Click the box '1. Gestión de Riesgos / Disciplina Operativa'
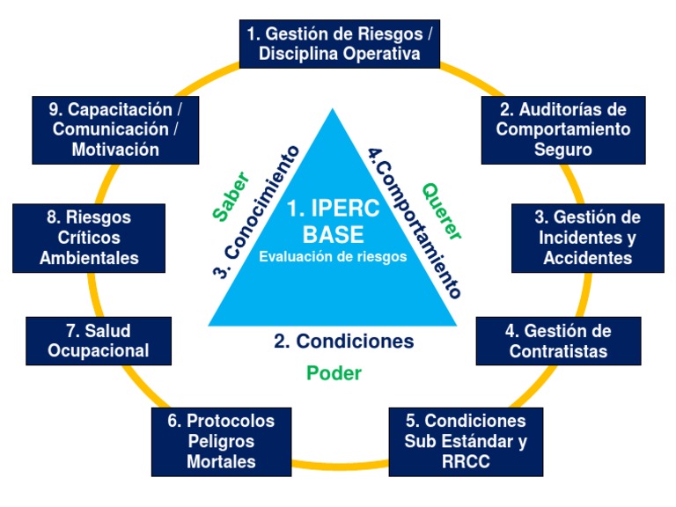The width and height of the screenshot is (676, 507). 340,44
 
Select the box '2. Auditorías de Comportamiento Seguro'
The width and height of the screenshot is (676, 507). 562,129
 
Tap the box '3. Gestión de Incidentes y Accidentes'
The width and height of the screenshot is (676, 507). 587,238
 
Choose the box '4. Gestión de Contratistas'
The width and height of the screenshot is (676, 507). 557,342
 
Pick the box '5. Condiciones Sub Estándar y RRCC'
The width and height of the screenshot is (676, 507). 466,440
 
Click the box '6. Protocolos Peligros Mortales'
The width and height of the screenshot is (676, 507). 221,441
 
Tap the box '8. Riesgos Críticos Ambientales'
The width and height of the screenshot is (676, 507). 89,238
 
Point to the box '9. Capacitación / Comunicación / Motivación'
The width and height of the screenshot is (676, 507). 115,129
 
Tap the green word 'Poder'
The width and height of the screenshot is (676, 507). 334,373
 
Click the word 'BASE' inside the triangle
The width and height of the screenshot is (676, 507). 333,235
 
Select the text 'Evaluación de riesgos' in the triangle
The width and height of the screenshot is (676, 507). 333,257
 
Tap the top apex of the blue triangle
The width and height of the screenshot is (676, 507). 333,111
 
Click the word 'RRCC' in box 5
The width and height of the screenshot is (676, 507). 466,460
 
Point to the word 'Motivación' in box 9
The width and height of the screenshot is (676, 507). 115,150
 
